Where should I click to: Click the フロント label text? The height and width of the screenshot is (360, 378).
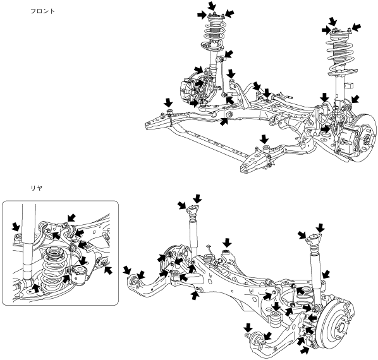point(43,11)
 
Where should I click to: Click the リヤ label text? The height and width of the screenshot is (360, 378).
point(37,188)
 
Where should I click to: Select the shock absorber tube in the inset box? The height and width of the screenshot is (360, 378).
point(29,241)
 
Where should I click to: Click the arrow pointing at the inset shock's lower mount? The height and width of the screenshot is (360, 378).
point(36,288)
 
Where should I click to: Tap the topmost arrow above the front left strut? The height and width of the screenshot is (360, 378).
point(212,5)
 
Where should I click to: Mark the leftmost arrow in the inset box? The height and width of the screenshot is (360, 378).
point(16,226)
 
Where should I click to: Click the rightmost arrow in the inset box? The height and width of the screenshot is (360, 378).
point(109,270)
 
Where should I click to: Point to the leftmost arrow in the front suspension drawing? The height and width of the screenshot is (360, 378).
point(168,102)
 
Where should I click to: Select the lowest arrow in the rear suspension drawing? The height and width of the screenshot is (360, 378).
point(305,351)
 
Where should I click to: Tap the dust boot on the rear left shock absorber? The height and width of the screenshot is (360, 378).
point(193,219)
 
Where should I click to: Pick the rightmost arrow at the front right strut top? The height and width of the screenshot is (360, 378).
point(357,27)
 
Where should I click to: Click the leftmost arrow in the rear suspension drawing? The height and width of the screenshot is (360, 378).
point(127,270)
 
